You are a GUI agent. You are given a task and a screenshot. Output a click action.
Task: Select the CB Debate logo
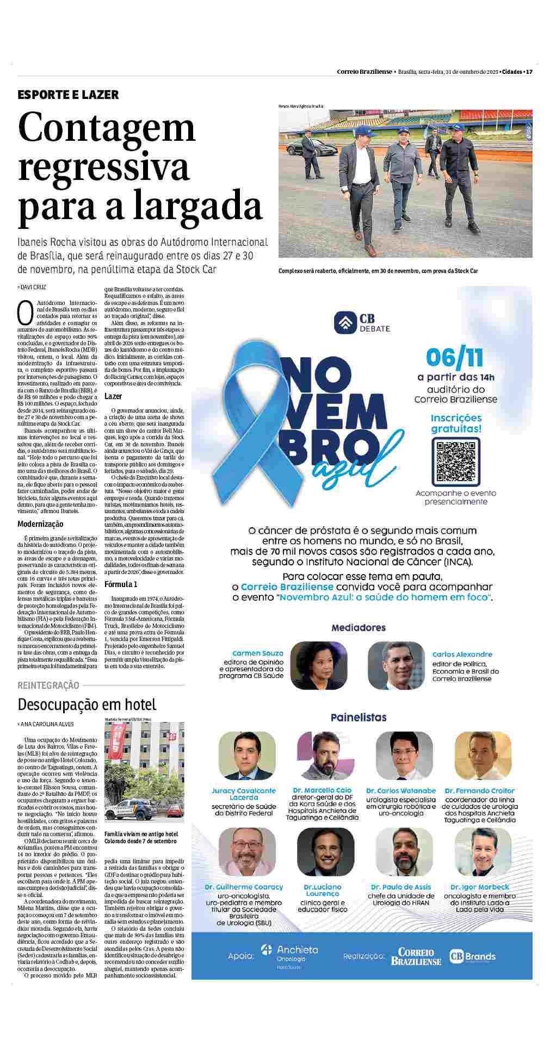tap(362, 323)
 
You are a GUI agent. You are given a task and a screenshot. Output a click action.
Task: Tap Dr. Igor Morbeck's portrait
tap(475, 852)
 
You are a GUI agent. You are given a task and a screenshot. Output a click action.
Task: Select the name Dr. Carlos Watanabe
tap(401, 790)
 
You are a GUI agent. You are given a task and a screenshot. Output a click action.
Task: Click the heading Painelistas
tap(359, 718)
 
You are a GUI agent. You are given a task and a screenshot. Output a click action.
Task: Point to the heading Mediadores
tap(359, 628)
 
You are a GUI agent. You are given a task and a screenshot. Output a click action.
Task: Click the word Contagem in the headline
tap(107, 128)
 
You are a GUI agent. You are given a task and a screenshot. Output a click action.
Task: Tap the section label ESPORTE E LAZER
tap(68, 95)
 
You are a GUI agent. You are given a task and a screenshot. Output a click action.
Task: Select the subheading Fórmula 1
tap(121, 584)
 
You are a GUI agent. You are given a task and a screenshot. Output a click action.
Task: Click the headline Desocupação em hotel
tap(87, 705)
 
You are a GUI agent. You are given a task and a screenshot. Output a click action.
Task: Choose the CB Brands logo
tap(472, 956)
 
